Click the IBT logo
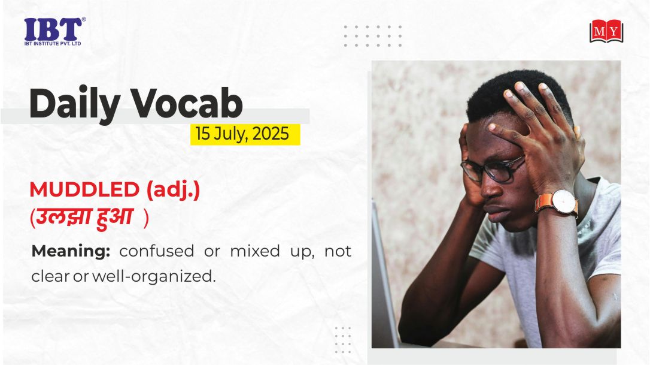tap(54, 31)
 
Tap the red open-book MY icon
tap(606, 31)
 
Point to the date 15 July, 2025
tap(242, 134)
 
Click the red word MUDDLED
tap(84, 190)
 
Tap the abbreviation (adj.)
tap(174, 191)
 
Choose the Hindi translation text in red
tap(89, 217)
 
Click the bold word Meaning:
tap(71, 251)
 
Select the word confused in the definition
tap(156, 251)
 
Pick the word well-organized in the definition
tap(154, 276)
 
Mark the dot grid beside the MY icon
tap(373, 36)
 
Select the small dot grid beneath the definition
tap(343, 340)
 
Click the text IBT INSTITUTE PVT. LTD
tap(53, 44)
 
